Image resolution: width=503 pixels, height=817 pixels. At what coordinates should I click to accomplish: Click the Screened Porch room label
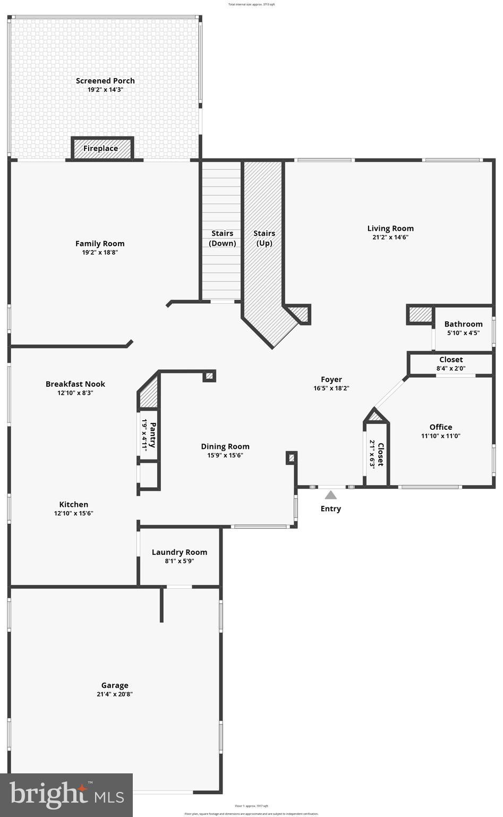pyautogui.click(x=105, y=81)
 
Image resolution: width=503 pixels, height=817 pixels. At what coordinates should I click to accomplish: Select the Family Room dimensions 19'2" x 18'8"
pyautogui.click(x=100, y=253)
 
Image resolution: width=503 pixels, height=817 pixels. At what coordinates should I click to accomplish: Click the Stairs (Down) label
pyautogui.click(x=222, y=238)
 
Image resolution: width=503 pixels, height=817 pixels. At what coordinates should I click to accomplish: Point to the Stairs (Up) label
pyautogui.click(x=264, y=238)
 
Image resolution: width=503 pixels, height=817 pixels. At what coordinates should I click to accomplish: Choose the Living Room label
pyautogui.click(x=390, y=229)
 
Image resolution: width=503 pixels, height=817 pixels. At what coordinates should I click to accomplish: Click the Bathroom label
pyautogui.click(x=463, y=324)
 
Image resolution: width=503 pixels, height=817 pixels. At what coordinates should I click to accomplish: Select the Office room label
pyautogui.click(x=441, y=427)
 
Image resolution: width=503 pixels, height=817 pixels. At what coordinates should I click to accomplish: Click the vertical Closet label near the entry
pyautogui.click(x=377, y=454)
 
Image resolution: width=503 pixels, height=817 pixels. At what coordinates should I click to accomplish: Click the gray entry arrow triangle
pyautogui.click(x=331, y=495)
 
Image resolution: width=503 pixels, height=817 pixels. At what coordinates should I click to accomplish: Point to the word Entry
pyautogui.click(x=330, y=509)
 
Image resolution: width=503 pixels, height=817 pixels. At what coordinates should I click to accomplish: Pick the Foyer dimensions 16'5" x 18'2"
pyautogui.click(x=331, y=388)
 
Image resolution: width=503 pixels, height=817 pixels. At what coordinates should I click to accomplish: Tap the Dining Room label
pyautogui.click(x=225, y=447)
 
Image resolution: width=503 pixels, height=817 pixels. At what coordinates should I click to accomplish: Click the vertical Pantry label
pyautogui.click(x=149, y=435)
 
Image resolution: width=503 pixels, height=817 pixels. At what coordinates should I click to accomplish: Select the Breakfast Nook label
pyautogui.click(x=75, y=384)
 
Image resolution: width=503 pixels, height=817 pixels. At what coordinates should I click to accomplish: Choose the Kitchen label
pyautogui.click(x=74, y=505)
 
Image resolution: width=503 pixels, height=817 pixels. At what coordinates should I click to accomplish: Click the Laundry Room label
pyautogui.click(x=180, y=552)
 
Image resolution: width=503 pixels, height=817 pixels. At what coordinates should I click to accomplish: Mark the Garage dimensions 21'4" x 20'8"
pyautogui.click(x=115, y=694)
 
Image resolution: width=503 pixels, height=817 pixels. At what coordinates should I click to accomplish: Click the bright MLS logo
pyautogui.click(x=66, y=795)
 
